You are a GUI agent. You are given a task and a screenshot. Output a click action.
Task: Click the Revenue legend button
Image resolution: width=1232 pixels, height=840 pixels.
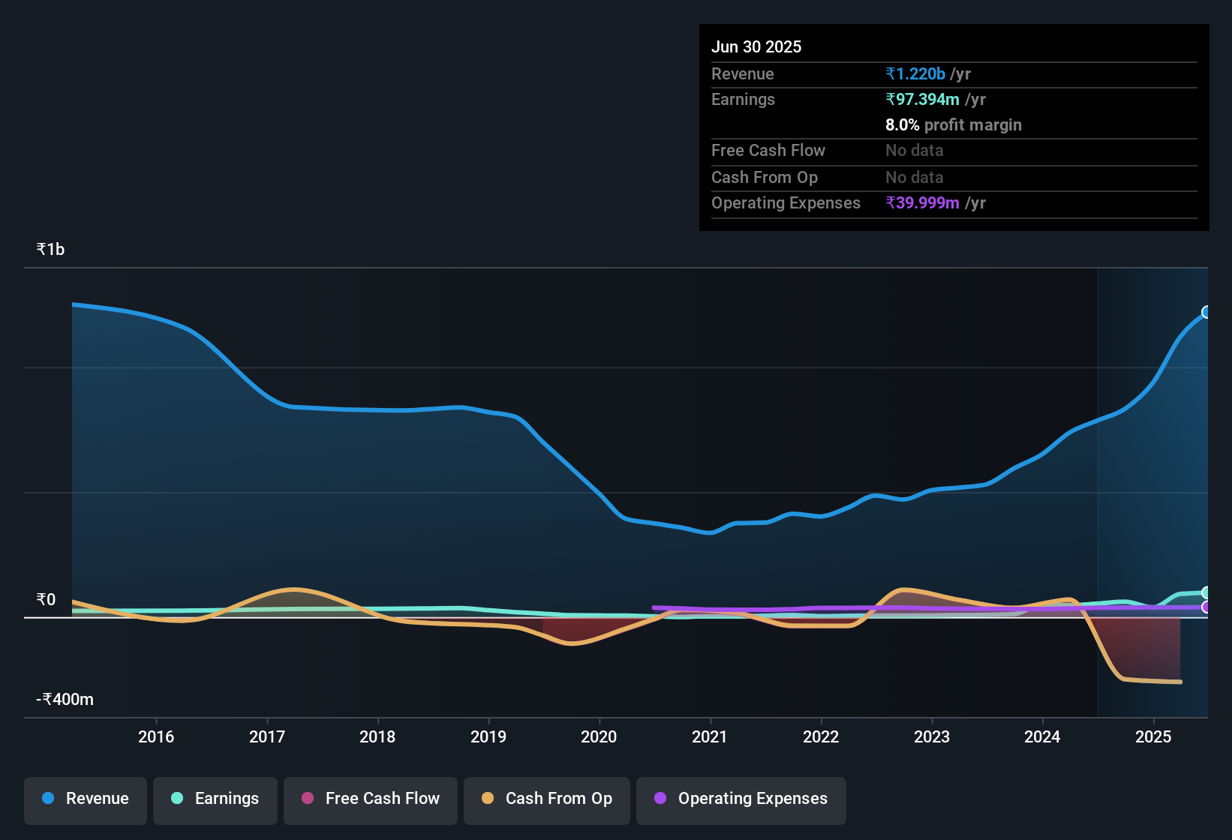86,799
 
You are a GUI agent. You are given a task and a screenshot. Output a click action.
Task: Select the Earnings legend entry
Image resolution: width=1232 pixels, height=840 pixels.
215,799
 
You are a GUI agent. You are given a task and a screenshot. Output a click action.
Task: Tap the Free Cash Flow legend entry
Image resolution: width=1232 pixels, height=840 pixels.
371,799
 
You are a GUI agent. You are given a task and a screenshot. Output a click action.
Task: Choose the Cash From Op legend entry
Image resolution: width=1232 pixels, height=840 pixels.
547,799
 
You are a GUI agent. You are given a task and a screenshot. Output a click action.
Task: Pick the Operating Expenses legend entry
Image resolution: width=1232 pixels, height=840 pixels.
741,799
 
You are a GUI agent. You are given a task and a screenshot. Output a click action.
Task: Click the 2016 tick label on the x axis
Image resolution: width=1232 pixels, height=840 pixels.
156,736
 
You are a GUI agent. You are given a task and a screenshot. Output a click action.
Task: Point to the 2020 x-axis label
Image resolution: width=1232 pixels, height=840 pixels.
599,736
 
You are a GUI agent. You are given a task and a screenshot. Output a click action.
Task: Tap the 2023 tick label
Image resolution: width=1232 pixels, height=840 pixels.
932,736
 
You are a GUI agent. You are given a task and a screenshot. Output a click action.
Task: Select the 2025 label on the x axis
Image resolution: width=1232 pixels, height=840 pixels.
1153,736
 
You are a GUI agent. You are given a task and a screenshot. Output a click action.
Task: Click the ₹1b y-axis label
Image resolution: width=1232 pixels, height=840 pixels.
51,250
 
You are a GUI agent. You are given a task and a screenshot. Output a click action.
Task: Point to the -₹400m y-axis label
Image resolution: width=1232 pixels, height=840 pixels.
65,700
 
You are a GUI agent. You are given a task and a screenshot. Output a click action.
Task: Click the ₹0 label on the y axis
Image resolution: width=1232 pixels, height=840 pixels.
47,600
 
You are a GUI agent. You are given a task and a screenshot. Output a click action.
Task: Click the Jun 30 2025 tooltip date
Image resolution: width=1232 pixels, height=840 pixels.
756,47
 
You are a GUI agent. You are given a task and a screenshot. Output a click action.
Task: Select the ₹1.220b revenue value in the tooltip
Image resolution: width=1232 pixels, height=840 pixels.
915,74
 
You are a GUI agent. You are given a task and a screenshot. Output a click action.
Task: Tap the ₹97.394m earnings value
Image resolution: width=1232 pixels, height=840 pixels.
922,100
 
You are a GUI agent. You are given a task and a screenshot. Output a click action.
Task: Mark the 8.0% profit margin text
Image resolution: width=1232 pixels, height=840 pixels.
953,125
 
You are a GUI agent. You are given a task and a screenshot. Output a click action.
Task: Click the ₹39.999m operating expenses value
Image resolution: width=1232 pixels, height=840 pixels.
922,203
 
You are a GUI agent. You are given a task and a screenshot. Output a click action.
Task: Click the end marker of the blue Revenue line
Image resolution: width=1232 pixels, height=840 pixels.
1206,312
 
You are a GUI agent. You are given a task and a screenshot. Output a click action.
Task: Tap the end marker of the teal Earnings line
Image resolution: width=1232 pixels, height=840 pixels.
1206,592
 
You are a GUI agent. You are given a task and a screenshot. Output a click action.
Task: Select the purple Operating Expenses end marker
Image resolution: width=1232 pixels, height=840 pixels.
1206,607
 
